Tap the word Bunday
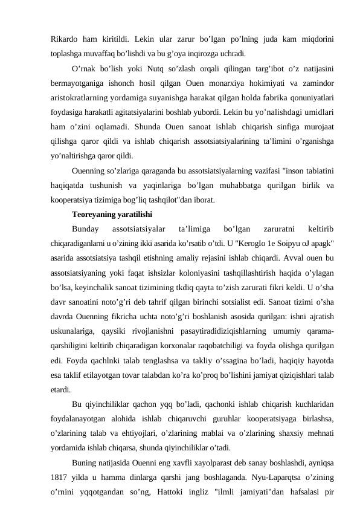84,229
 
